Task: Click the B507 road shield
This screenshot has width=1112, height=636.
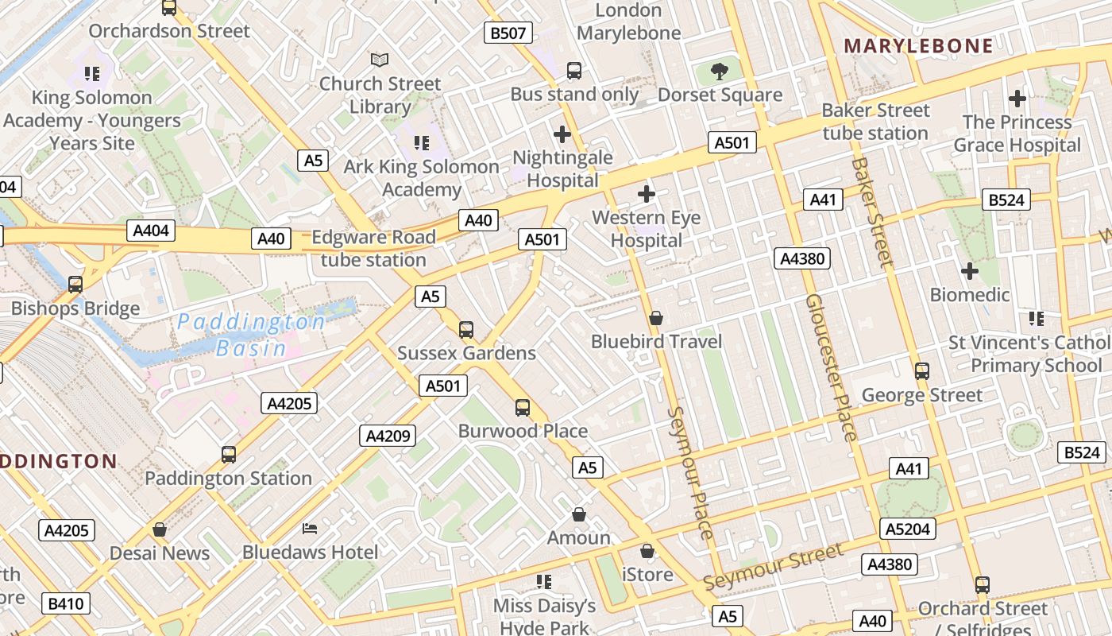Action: (508, 33)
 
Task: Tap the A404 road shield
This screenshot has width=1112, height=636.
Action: (151, 231)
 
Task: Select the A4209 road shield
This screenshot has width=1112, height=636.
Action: (388, 435)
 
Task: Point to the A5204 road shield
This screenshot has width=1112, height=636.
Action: (908, 529)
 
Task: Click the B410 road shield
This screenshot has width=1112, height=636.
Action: (65, 603)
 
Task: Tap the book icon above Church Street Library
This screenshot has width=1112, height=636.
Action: (380, 60)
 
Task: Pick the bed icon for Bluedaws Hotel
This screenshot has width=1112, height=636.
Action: (310, 529)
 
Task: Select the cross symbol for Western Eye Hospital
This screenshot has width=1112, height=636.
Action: (647, 193)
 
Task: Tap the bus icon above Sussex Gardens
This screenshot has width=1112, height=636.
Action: (466, 329)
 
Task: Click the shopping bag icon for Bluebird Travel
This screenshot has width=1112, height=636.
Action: (656, 318)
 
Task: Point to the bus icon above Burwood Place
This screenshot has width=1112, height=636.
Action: (522, 408)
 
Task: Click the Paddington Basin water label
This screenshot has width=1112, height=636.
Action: (251, 335)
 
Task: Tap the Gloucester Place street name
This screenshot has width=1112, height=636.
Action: (831, 367)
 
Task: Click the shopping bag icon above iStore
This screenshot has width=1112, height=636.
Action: (647, 551)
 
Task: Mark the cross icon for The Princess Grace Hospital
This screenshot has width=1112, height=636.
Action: (1017, 99)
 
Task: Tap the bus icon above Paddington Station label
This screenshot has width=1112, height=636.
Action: (229, 455)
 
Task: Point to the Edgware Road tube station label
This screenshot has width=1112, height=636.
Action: (373, 248)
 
